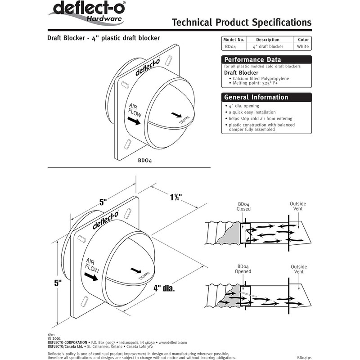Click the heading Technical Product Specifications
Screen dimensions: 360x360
(242, 22)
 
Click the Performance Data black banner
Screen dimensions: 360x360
(266, 60)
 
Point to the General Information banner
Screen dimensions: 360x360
(266, 97)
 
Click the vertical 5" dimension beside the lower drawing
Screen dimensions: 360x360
(57, 284)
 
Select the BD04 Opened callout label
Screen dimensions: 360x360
(243, 269)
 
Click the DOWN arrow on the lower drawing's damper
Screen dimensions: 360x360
(135, 270)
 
